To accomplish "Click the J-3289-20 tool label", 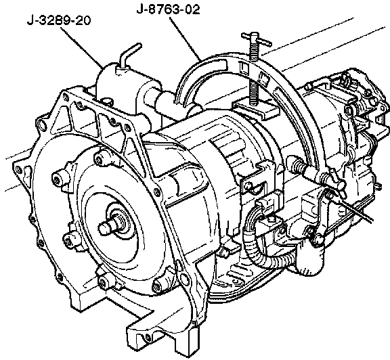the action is click(x=59, y=20).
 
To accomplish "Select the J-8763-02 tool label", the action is click(x=169, y=9).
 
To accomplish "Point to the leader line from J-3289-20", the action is click(x=82, y=47).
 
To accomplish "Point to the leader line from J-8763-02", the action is click(x=185, y=39).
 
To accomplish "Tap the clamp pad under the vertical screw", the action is click(x=256, y=109).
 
